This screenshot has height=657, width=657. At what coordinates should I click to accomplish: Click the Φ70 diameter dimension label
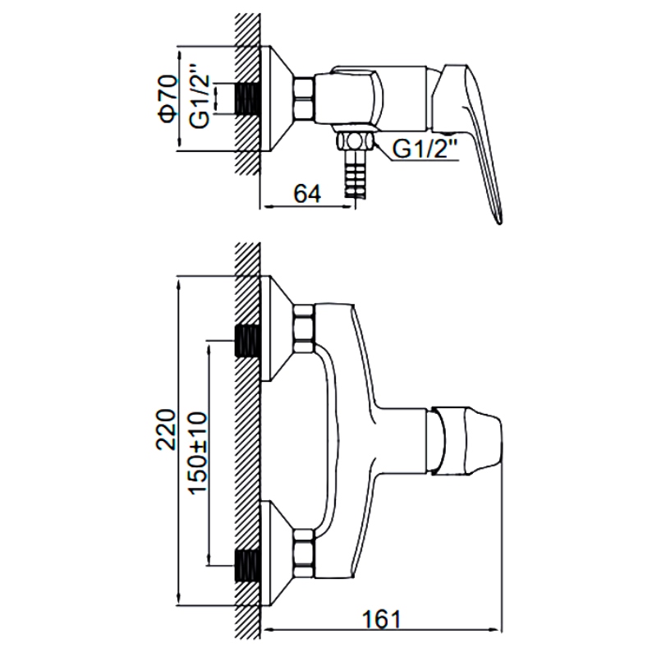(x=168, y=99)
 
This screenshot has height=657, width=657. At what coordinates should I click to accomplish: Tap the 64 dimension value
(x=307, y=194)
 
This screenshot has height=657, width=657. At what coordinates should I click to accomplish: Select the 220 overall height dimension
(x=166, y=430)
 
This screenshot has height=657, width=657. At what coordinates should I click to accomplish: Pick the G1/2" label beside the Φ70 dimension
(x=199, y=96)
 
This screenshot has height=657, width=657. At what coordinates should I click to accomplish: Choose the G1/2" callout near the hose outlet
(x=425, y=149)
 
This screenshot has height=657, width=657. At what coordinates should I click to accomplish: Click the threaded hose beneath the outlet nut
(x=355, y=173)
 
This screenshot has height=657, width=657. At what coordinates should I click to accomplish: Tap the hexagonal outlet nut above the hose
(x=355, y=140)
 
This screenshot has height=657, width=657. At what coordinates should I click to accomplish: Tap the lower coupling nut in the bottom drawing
(x=304, y=553)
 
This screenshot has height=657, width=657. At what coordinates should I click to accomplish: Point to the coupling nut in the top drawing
(x=304, y=99)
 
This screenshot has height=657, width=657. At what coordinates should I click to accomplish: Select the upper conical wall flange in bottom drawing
(x=277, y=328)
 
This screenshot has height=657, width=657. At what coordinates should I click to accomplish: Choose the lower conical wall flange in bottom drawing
(x=277, y=553)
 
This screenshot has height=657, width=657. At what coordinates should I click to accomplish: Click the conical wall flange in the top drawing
(x=277, y=99)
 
